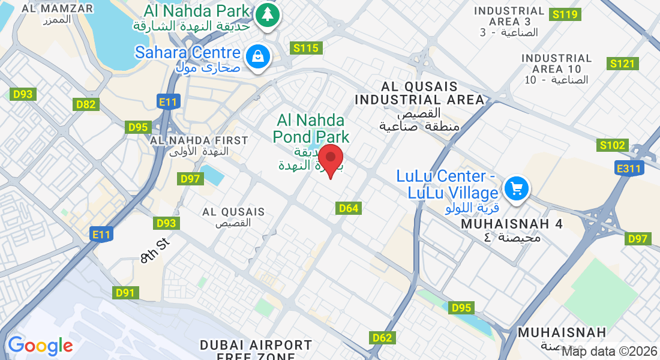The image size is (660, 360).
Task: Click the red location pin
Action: tap(330, 159)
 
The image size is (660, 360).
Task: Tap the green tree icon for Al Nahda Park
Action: tap(267, 14)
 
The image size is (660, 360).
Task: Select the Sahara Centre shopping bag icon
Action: tap(257, 57)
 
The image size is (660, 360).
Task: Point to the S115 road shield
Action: tap(307, 48)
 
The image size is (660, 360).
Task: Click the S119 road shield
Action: tap(566, 14)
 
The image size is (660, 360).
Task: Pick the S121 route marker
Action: tap(622, 64)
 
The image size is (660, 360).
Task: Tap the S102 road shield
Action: tap(613, 145)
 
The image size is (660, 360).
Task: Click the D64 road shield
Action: tap(349, 208)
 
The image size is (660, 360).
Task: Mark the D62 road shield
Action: tap(382, 338)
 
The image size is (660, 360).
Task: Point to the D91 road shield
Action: tap(125, 293)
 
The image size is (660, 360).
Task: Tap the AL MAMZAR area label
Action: tap(57, 9)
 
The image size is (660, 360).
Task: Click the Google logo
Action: tap(40, 346)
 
